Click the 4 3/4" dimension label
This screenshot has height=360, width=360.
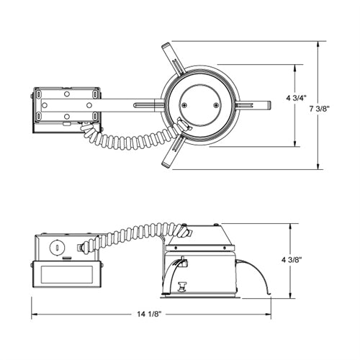297,98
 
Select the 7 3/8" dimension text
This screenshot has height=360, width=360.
320,109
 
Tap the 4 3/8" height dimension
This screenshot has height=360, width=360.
292,260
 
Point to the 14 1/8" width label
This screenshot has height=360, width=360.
149,314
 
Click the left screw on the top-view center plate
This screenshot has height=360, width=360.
184,105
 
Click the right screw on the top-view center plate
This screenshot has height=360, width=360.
216,105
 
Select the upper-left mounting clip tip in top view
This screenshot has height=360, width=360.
166,45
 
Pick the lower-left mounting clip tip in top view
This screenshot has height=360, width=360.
166,164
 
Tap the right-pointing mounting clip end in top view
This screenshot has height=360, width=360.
269,105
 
